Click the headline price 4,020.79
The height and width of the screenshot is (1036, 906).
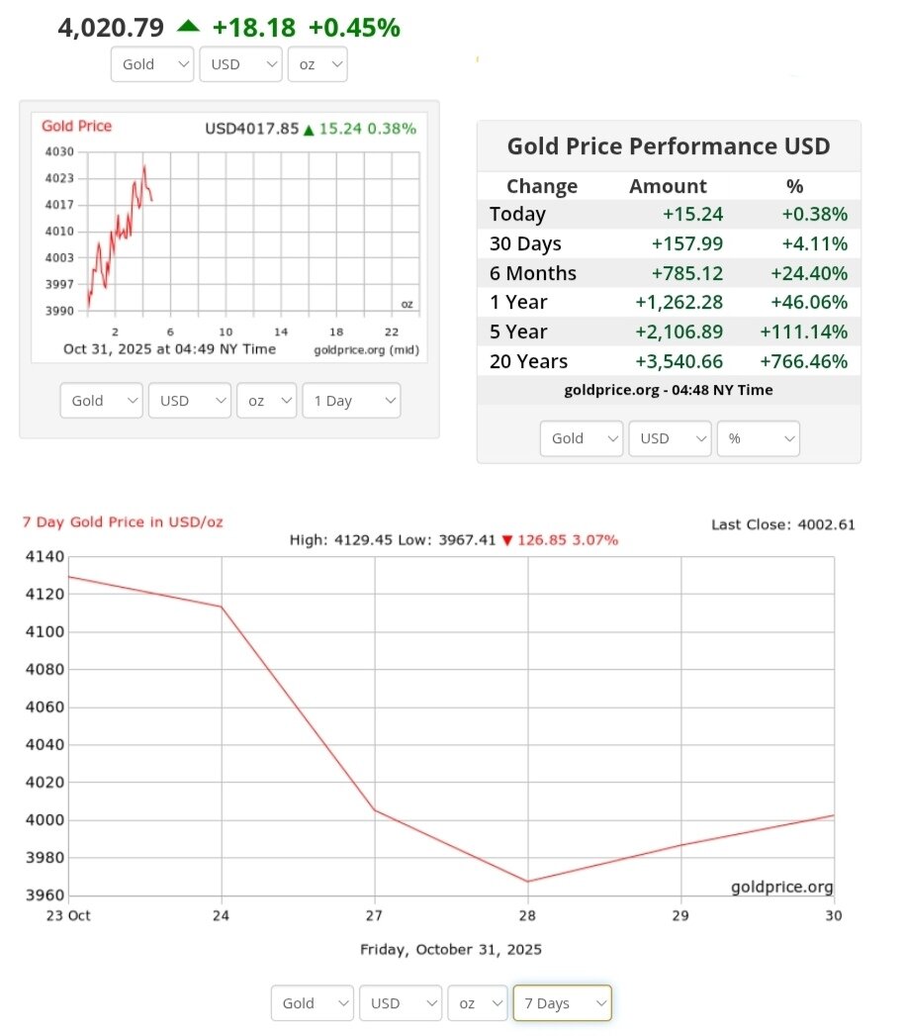[x=111, y=27]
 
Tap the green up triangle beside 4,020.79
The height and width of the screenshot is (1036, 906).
[x=188, y=26]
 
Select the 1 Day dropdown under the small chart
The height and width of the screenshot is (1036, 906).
[x=351, y=401]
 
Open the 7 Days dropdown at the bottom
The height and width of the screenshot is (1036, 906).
[x=561, y=1003]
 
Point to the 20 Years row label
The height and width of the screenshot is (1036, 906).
[x=528, y=361]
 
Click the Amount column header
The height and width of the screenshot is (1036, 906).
[x=668, y=186]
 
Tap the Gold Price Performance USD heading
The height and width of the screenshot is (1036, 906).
[x=669, y=146]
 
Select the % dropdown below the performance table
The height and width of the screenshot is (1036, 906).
[x=759, y=438]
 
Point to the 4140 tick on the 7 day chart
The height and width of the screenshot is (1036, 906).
[x=45, y=556]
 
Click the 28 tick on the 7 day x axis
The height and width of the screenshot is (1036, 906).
[x=528, y=915]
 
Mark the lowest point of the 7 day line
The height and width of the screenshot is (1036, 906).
[x=528, y=881]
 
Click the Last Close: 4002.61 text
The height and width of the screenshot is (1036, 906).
[x=783, y=524]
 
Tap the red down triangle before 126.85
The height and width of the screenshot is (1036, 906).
[x=507, y=540]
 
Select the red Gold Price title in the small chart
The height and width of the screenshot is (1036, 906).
[x=77, y=127]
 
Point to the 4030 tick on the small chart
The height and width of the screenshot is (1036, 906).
[x=59, y=152]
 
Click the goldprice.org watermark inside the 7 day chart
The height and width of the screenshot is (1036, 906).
[x=781, y=887]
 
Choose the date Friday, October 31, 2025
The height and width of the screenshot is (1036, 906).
[x=451, y=950]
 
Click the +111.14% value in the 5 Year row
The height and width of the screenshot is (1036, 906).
[x=803, y=331]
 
